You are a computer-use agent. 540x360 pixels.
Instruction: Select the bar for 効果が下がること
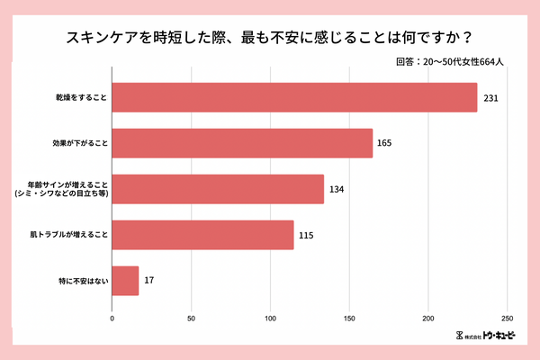[x=242, y=143]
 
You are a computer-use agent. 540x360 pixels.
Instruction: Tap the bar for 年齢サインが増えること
[x=218, y=189]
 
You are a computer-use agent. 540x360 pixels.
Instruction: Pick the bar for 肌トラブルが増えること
[x=202, y=235]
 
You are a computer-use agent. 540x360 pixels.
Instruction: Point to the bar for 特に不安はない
[x=125, y=281]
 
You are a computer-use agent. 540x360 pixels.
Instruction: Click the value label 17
[x=149, y=281]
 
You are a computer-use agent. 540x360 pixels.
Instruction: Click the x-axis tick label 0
[x=112, y=319]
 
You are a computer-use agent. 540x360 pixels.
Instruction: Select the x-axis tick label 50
[x=191, y=319]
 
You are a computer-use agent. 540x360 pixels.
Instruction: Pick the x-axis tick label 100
[x=270, y=319]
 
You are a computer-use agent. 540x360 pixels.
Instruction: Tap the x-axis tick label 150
[x=349, y=319]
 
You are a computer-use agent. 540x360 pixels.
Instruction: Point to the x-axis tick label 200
[x=428, y=319]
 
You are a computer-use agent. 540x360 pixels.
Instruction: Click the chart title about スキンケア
[x=270, y=39]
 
